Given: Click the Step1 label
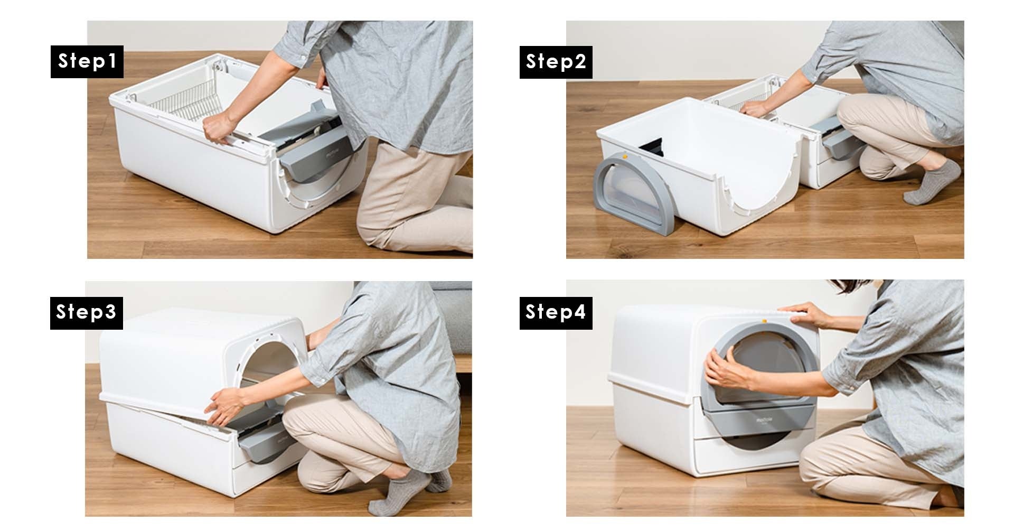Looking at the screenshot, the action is [87, 62].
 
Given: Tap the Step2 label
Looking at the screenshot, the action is [556, 62].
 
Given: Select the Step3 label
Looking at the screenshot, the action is [87, 312].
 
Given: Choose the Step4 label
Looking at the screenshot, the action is [556, 312].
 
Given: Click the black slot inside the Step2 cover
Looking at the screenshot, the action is [650, 147].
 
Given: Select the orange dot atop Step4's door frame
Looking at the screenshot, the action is [764, 320].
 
